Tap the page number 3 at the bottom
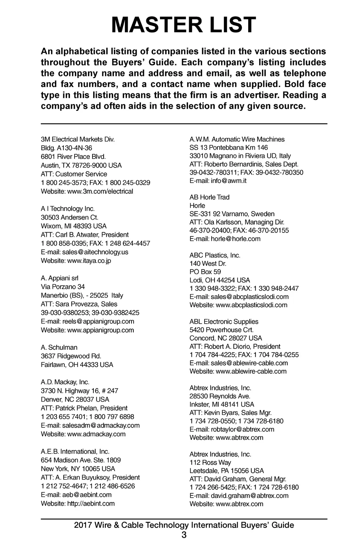point(184,535)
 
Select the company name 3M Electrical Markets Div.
point(78,139)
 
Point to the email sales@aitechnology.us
point(95,252)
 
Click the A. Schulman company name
point(59,347)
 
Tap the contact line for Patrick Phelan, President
point(84,408)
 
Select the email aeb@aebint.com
point(87,495)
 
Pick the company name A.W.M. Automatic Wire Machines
point(237,139)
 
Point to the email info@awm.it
point(229,181)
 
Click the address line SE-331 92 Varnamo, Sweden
point(232,214)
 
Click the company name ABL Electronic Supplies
point(224,322)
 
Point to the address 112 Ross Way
point(210,462)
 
